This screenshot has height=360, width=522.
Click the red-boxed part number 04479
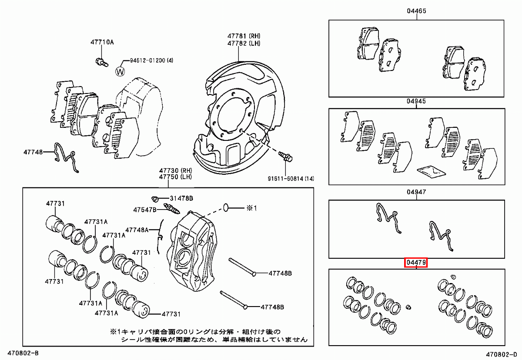tap(416, 263)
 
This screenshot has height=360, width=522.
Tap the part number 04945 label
tap(416, 101)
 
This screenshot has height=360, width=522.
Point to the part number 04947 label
tap(416, 192)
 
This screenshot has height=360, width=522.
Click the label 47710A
tap(102, 42)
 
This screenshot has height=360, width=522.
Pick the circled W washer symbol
tap(120, 71)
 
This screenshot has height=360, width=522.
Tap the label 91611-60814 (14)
tap(291, 179)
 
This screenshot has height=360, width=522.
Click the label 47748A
tap(137, 230)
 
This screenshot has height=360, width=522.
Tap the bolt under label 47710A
tap(100, 61)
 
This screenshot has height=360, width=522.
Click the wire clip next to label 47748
tap(65, 157)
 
